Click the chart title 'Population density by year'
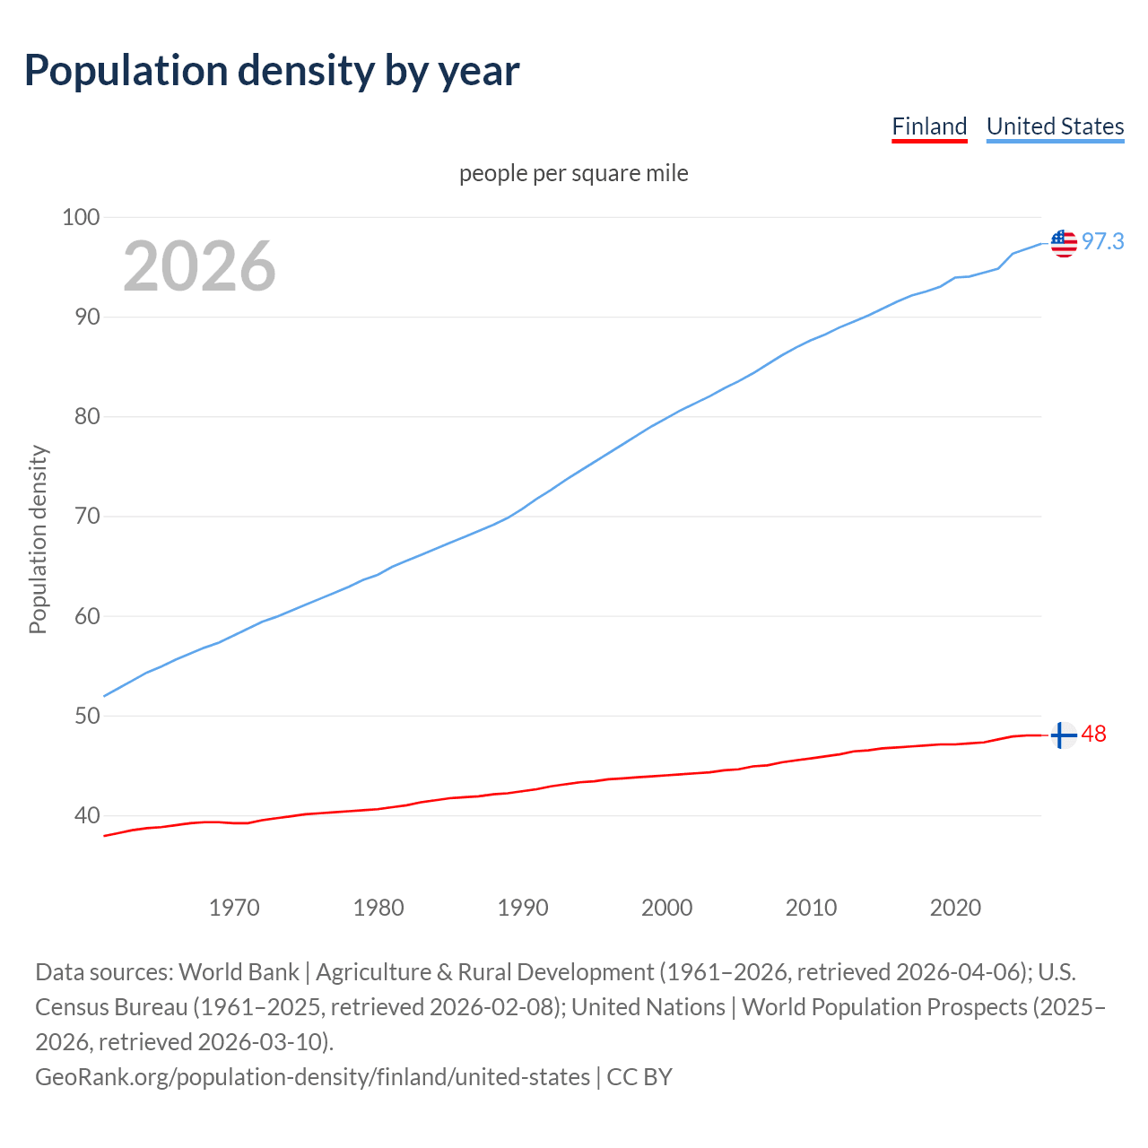(272, 71)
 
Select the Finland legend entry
(929, 126)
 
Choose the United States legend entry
(1055, 126)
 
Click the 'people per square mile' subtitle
(573, 173)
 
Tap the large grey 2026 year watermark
(199, 266)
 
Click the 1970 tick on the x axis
(234, 908)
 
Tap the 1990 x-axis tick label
(523, 908)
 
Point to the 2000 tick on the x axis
(666, 908)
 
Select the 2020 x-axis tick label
(955, 908)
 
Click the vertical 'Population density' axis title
(38, 539)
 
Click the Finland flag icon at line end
(1063, 735)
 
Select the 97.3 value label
(1102, 241)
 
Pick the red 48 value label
(1094, 735)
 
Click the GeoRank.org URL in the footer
(312, 1076)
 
